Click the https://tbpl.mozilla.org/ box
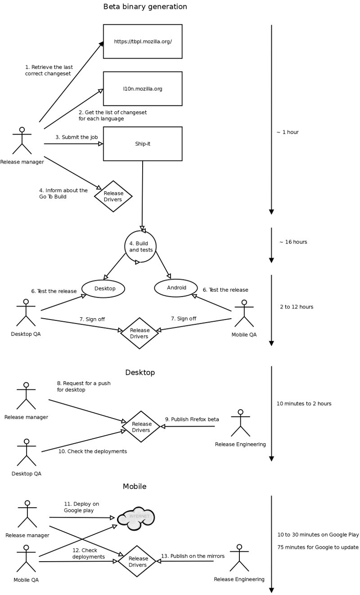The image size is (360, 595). (143, 41)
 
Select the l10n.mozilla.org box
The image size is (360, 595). (143, 89)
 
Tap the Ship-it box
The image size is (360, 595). (143, 144)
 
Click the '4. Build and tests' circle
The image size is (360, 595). (140, 247)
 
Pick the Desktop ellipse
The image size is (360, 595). (103, 288)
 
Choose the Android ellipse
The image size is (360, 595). (176, 288)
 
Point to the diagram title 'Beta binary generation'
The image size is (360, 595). (145, 7)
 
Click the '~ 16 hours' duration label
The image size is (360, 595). (293, 242)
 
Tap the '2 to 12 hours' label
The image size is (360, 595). (297, 307)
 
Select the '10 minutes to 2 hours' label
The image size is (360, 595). (304, 403)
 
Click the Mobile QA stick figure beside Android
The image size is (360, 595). (244, 313)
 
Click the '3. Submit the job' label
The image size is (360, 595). (77, 137)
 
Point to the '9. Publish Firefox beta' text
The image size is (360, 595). (192, 419)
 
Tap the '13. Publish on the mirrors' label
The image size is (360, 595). (193, 556)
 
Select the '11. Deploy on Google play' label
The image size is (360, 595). (81, 507)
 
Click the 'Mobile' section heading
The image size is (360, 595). (135, 487)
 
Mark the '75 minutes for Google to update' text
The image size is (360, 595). (318, 547)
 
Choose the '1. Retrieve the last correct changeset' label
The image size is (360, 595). (49, 70)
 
